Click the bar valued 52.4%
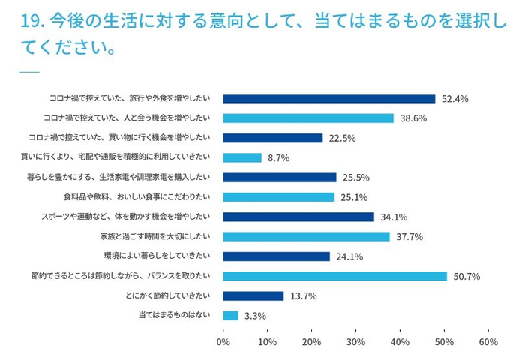328,98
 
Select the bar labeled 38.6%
308,118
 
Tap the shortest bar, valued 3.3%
230,315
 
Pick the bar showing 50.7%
334,276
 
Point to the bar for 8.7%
242,157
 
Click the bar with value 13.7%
253,295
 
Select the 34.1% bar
298,217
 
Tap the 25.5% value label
355,178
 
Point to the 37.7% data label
409,237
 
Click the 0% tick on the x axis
223,341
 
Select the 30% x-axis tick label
355,341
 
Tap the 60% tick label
487,341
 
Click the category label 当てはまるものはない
174,315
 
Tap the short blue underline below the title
29,72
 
